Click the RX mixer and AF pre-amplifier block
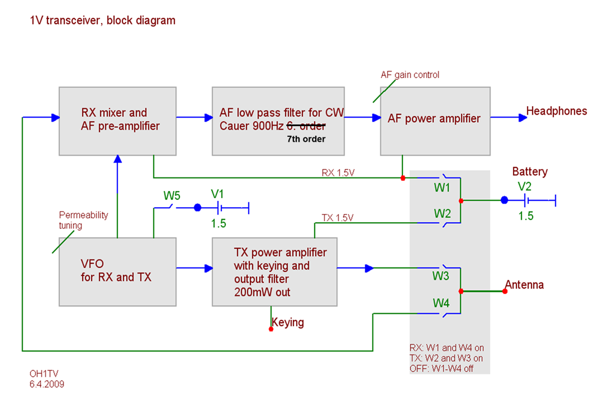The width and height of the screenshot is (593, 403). pos(117,121)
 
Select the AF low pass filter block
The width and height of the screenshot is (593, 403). pos(278,121)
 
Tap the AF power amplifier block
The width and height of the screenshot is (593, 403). pos(435,121)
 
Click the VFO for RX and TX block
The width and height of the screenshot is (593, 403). pos(117,271)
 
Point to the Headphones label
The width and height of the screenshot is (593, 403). pos(557,111)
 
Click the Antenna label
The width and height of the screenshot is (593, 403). pos(524,285)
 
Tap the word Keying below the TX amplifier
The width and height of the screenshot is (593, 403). pos(288,322)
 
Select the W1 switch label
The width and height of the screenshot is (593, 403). pos(442,188)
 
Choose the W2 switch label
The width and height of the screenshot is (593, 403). pos(442,213)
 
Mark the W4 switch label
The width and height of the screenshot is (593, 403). pos(442,303)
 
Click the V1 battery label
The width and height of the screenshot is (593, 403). pos(217,194)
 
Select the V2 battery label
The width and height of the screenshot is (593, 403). pos(525,186)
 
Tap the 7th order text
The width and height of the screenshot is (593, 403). pos(306,138)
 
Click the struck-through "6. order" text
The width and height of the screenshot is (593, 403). pos(306,125)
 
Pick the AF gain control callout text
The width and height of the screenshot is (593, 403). pos(410,74)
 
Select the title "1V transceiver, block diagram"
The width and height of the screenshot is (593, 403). pos(103,21)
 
